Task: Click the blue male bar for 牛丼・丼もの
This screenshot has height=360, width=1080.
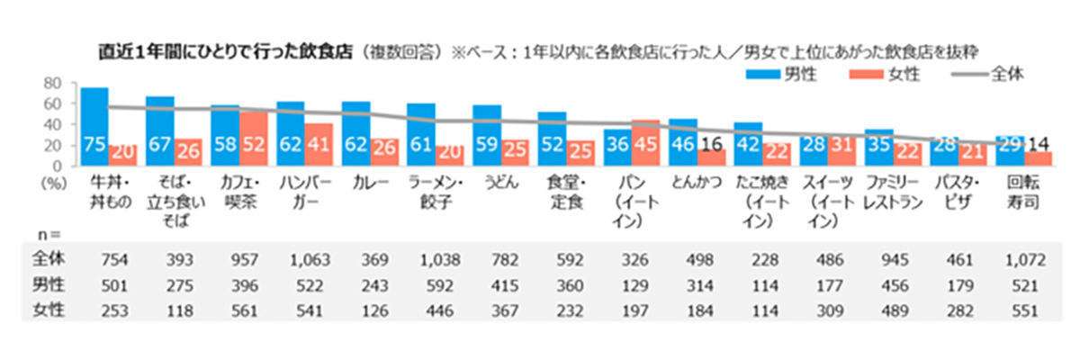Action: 94,126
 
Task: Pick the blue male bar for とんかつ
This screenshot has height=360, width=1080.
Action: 683,141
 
